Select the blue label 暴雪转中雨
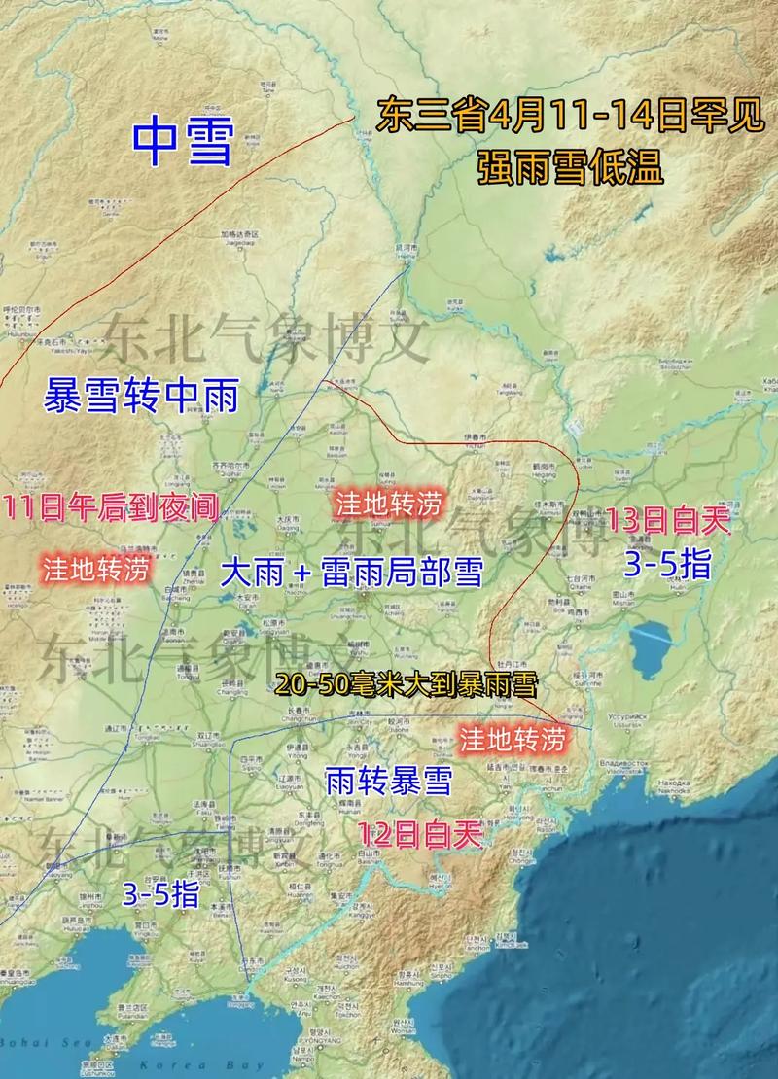141,397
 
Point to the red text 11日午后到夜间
109,507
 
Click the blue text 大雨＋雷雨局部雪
351,572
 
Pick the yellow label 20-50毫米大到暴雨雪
406,683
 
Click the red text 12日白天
420,834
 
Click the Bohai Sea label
39,1043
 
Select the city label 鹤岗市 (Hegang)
543,469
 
